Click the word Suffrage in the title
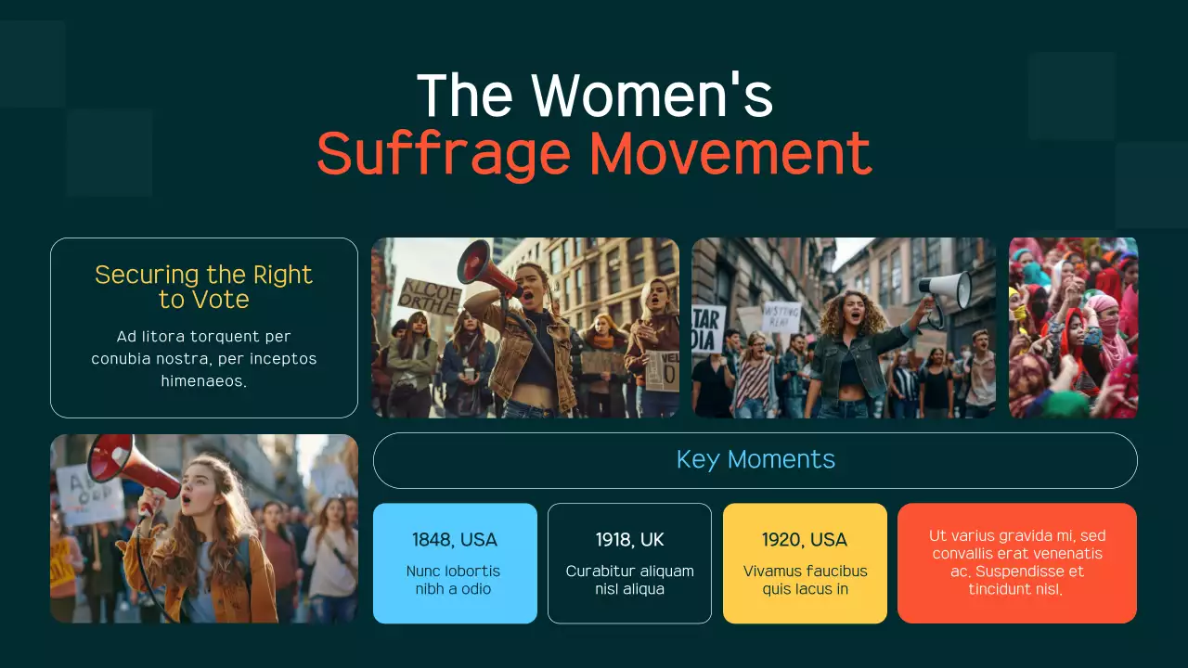(443, 154)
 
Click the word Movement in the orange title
(730, 154)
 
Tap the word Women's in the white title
(652, 96)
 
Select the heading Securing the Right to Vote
(203, 287)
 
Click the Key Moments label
(755, 459)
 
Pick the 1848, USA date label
(455, 540)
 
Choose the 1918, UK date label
(629, 540)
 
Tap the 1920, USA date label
(804, 540)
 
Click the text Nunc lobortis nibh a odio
(453, 580)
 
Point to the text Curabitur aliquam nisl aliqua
(629, 580)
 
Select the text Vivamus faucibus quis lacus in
(805, 580)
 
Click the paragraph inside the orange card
(1016, 562)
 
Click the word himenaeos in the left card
(203, 381)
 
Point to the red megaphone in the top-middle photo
(486, 266)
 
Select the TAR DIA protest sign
(709, 328)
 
